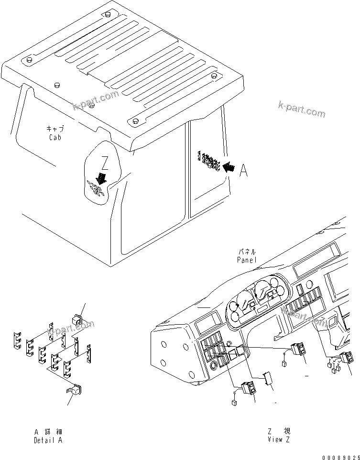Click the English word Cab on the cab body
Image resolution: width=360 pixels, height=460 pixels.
point(55,138)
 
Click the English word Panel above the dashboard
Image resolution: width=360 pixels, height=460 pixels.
point(247,260)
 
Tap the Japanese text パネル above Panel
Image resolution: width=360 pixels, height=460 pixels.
point(247,252)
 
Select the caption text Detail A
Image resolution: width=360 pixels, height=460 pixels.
point(48,440)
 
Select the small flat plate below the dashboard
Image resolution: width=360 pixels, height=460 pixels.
point(269,379)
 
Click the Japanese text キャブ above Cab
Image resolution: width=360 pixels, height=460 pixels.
point(55,129)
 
